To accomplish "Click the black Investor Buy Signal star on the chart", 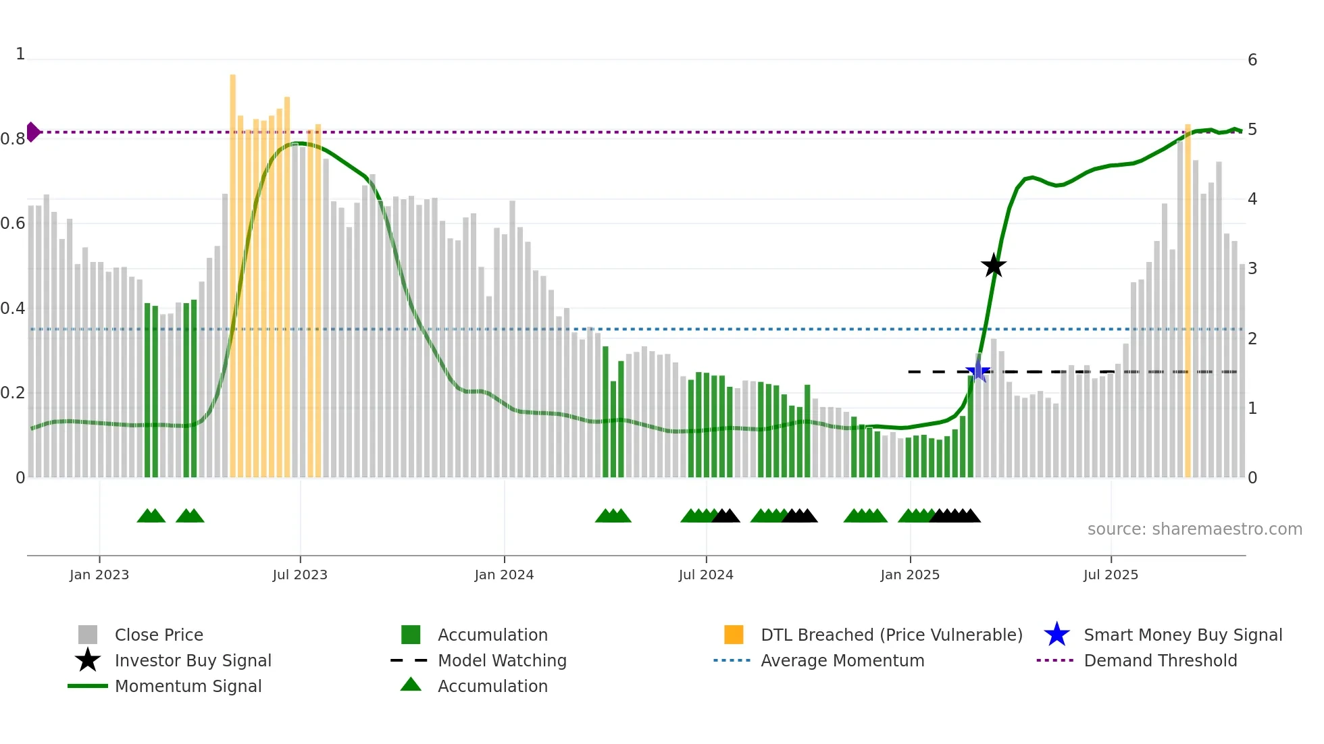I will (993, 265).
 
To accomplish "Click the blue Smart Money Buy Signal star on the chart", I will (977, 371).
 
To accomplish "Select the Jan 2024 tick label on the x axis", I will (504, 575).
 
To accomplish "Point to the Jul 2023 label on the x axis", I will (300, 575).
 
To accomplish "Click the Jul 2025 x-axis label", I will (1111, 575).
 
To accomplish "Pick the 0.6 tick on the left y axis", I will (13, 223).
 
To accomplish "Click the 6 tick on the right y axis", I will (1252, 60).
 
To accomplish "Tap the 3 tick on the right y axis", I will (1252, 269).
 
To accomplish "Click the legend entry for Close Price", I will (159, 635).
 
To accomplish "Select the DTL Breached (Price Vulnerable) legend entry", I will (891, 635).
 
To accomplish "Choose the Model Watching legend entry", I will (501, 660).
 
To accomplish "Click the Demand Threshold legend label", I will (1160, 660).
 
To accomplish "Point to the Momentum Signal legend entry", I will (188, 686).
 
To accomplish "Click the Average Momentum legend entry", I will (842, 660).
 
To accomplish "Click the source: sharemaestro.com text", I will (1194, 529).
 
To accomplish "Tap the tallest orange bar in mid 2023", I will (233, 270).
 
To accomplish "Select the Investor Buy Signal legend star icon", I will (88, 660).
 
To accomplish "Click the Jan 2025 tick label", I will (910, 575).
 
